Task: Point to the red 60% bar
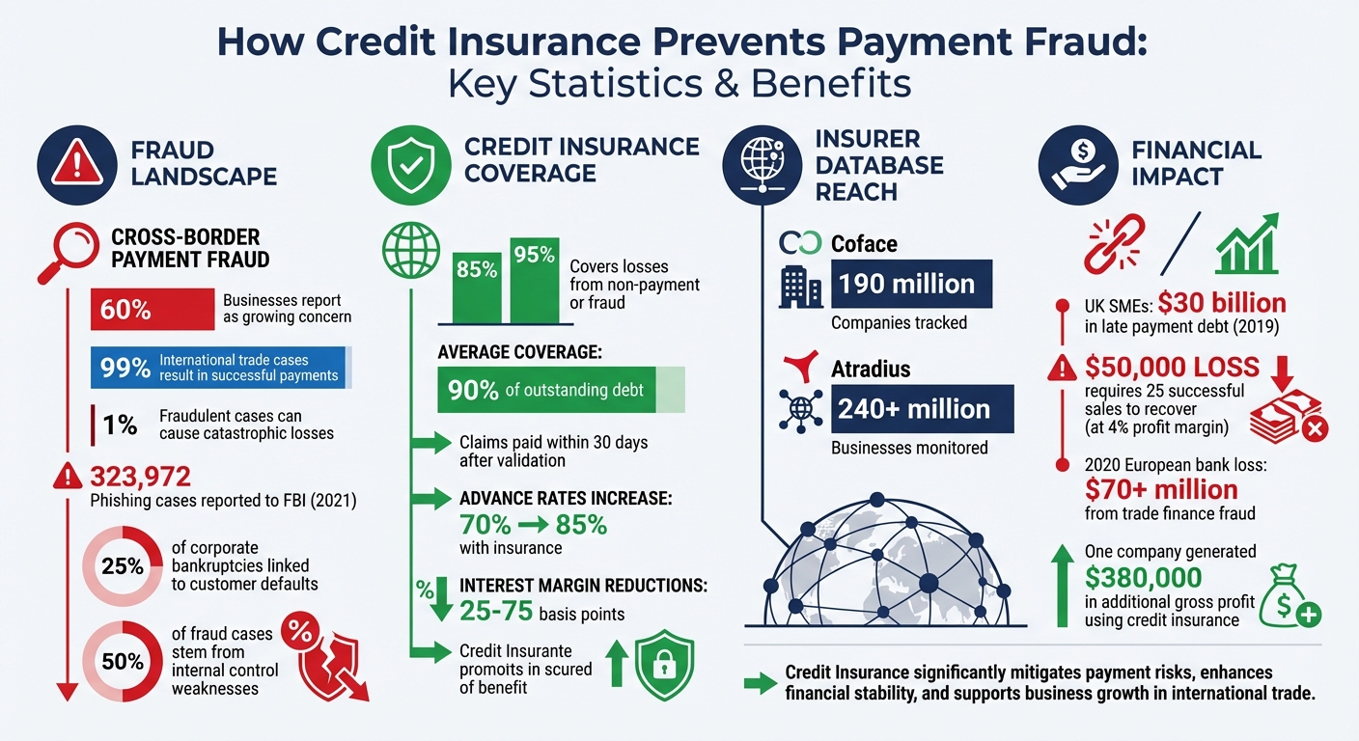(152, 310)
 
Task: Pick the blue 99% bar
(221, 368)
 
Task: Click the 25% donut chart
(123, 565)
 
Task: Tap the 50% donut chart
(123, 662)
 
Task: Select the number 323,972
(140, 476)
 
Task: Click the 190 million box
(906, 284)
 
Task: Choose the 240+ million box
(921, 408)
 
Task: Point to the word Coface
(864, 244)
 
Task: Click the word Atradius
(871, 369)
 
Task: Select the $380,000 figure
(1144, 577)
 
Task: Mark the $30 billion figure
(1222, 303)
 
